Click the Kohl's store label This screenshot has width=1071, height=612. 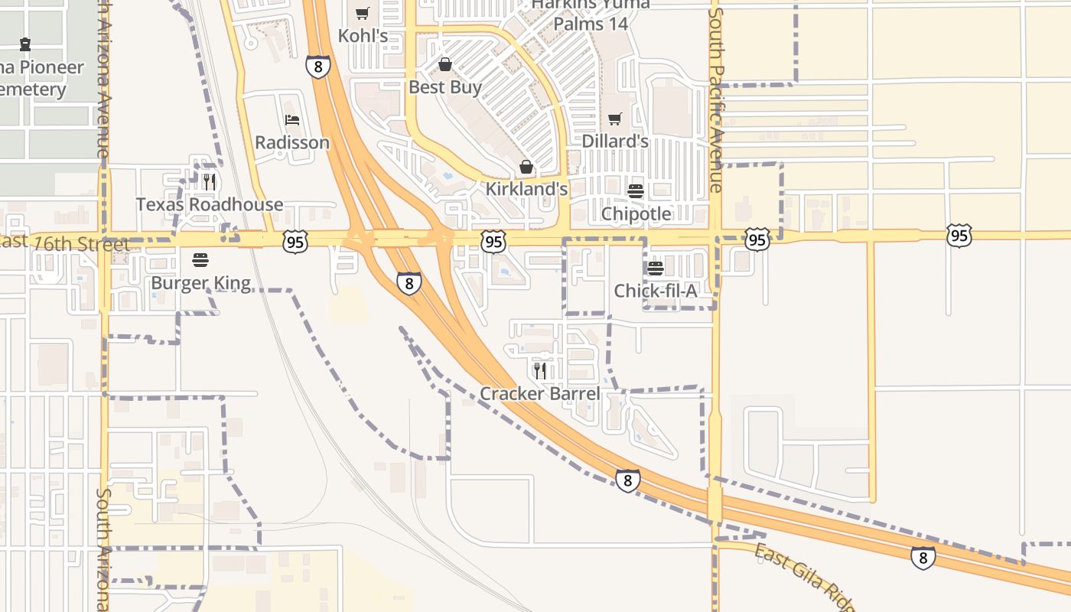tap(363, 36)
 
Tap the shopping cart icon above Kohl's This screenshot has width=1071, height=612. tap(363, 13)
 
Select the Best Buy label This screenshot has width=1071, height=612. tap(445, 87)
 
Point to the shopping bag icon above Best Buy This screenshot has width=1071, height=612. tap(445, 64)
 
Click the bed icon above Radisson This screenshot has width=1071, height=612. tap(292, 120)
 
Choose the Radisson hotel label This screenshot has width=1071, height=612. tap(292, 142)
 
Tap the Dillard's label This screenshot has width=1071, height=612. tap(615, 142)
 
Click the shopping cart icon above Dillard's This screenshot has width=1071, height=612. tap(615, 119)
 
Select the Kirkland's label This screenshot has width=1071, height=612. tap(527, 189)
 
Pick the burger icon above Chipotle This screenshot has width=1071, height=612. tap(636, 190)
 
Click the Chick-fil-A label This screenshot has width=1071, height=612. tap(656, 291)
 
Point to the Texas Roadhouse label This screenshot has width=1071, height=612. tap(210, 204)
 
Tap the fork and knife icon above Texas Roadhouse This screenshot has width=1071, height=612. tap(210, 182)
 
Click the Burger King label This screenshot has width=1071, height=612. tap(200, 283)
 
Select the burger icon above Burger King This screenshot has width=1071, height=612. tap(200, 260)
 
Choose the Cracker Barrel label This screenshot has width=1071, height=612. tap(540, 394)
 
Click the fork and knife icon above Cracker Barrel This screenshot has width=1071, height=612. tap(540, 371)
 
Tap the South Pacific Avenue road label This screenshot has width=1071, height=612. tap(716, 99)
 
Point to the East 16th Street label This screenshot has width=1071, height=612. tap(65, 243)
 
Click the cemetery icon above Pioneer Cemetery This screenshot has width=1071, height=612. tap(25, 44)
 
